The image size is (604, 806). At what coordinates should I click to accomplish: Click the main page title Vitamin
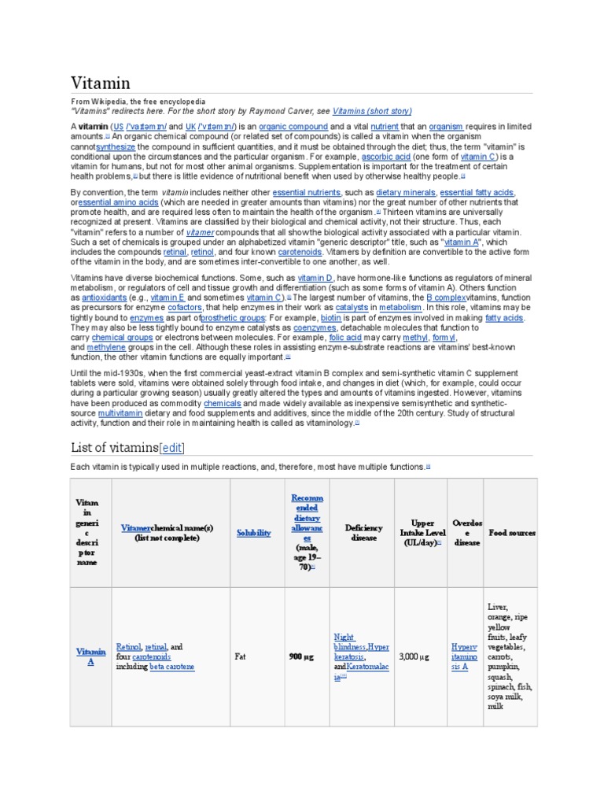pyautogui.click(x=101, y=83)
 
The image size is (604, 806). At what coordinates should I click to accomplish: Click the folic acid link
pyautogui.click(x=368, y=337)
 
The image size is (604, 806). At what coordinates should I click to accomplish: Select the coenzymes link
pyautogui.click(x=315, y=327)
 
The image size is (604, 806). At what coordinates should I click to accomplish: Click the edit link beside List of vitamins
pyautogui.click(x=171, y=448)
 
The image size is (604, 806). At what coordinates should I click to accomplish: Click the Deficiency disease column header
pyautogui.click(x=361, y=533)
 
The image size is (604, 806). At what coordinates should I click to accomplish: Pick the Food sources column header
pyautogui.click(x=512, y=533)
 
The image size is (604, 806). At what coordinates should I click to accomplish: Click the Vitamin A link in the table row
pyautogui.click(x=90, y=656)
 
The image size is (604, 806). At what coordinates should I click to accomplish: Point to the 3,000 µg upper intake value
pyautogui.click(x=414, y=656)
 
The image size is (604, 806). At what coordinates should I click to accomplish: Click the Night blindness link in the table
pyautogui.click(x=344, y=637)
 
